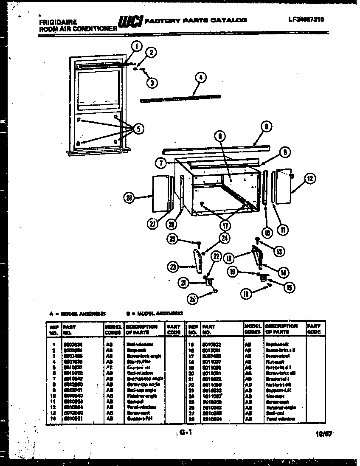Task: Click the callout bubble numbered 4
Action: pyautogui.click(x=200, y=77)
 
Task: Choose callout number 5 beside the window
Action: pyautogui.click(x=137, y=129)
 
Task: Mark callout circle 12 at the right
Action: pyautogui.click(x=310, y=179)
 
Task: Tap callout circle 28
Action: pyautogui.click(x=130, y=197)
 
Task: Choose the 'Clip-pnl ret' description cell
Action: pyautogui.click(x=138, y=367)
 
